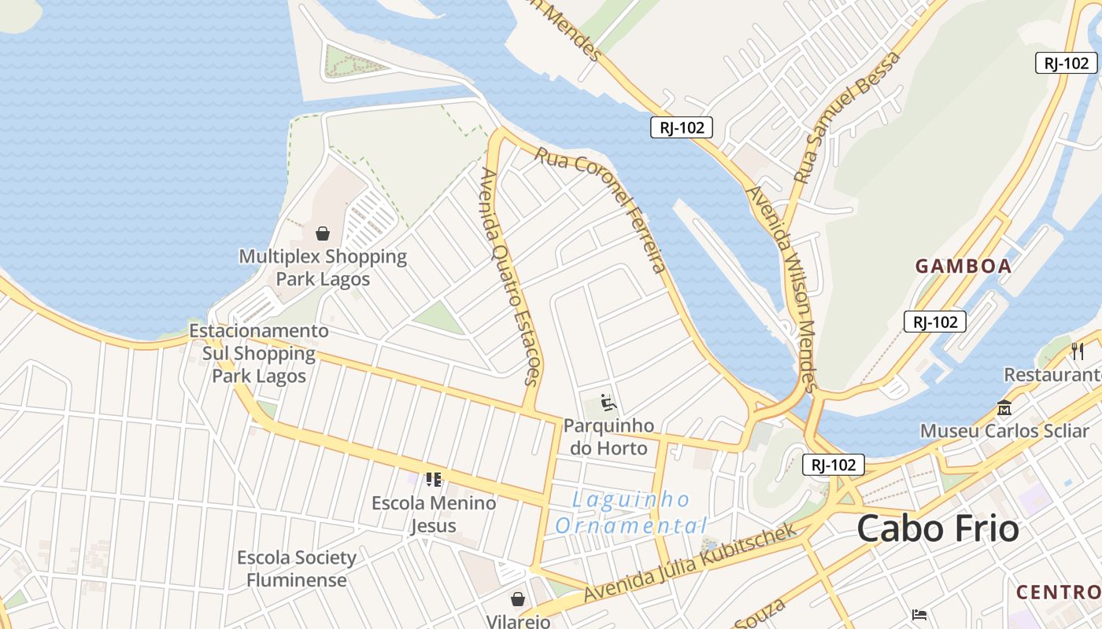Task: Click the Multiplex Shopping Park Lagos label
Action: coord(323,267)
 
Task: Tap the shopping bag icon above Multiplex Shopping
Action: coord(323,234)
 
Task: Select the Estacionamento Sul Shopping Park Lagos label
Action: coord(258,354)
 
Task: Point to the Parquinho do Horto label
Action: coord(608,437)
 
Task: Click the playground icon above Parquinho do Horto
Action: coord(608,403)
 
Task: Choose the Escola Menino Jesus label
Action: coord(434,514)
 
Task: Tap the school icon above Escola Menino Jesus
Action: coord(433,478)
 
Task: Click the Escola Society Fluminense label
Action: coord(297,568)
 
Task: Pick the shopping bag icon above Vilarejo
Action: coord(518,599)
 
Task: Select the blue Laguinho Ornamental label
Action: coord(631,512)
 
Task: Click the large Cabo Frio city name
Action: coord(937,528)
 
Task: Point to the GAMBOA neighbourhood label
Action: coord(963,266)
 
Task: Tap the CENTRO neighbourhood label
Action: coord(1059,591)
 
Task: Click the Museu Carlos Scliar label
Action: coord(1004,431)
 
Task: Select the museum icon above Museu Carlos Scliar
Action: coord(1004,408)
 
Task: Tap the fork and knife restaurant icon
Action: coord(1078,351)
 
